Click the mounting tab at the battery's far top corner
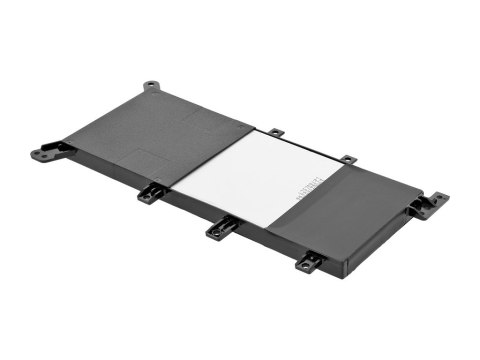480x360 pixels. (150, 87)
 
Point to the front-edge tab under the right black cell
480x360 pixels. (309, 262)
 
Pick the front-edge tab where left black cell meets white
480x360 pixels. (151, 192)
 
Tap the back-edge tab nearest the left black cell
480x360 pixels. (275, 131)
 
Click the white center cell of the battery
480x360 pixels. (255, 176)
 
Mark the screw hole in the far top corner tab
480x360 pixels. (150, 85)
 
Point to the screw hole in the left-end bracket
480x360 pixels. (39, 154)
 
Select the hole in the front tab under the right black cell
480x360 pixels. (306, 266)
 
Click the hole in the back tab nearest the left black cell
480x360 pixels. (277, 131)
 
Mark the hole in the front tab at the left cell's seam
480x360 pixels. (148, 196)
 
